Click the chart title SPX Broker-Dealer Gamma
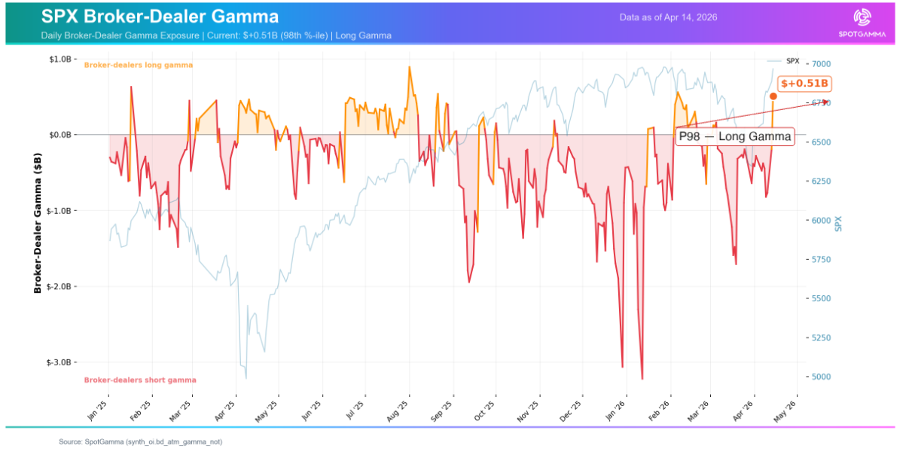coord(160,17)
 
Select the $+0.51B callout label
coord(804,84)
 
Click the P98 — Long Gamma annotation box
coord(734,136)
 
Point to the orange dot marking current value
coord(773,96)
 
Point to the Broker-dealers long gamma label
coord(138,66)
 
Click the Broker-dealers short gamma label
coord(139,380)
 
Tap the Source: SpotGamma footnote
coord(140,441)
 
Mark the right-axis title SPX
coord(839,223)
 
